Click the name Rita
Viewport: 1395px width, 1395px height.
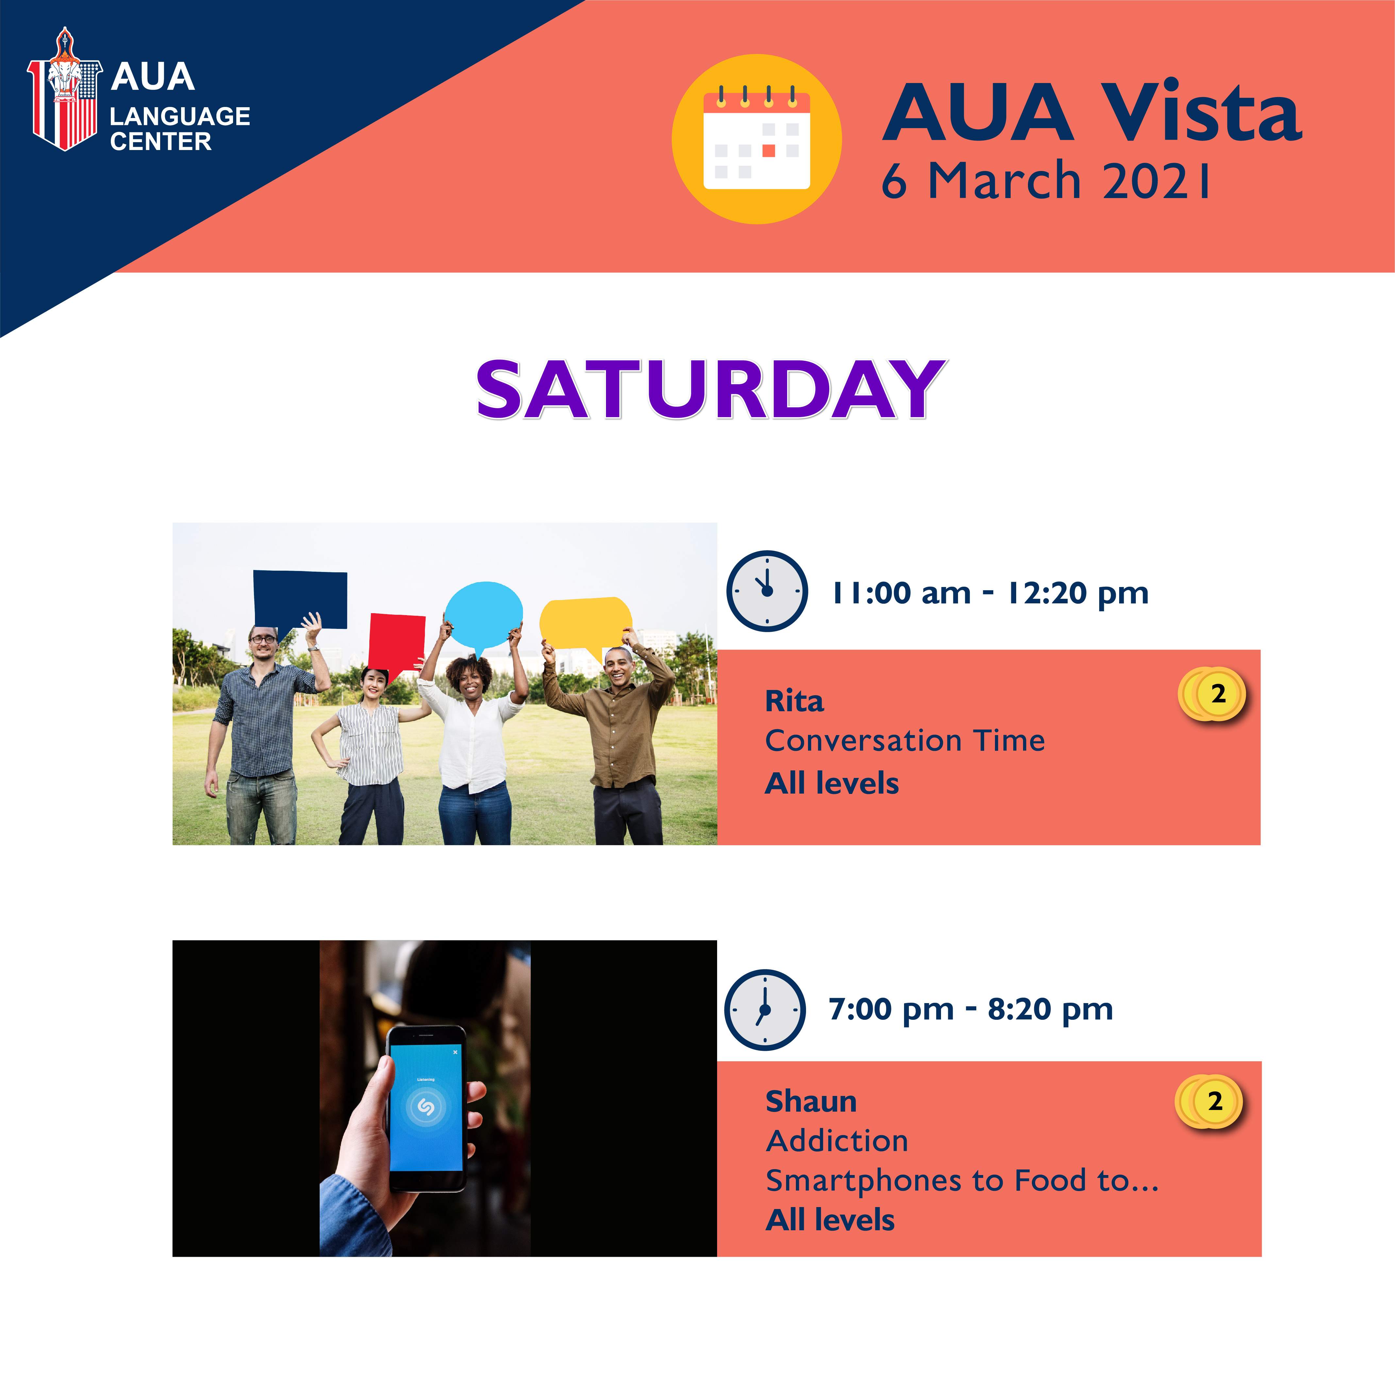click(x=794, y=701)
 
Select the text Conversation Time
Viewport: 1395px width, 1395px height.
click(x=905, y=741)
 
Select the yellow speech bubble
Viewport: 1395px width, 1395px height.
click(x=586, y=625)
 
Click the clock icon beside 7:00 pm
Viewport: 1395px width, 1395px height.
click(x=765, y=1009)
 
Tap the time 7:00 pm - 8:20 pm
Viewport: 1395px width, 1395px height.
click(x=970, y=1009)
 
